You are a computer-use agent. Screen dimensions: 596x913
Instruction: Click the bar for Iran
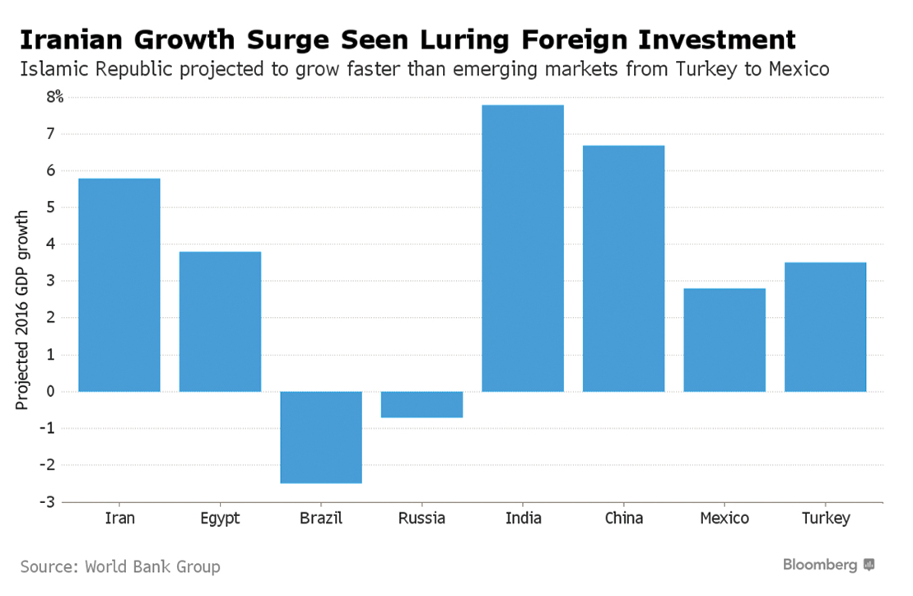pyautogui.click(x=119, y=285)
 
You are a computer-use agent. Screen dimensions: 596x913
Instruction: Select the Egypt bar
pyautogui.click(x=220, y=321)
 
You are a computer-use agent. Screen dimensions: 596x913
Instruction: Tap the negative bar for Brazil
pyautogui.click(x=321, y=437)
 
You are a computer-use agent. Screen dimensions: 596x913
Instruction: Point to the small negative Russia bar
pyautogui.click(x=422, y=404)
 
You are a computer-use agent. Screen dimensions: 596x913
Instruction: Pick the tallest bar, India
pyautogui.click(x=523, y=248)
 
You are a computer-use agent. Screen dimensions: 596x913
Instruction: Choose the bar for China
pyautogui.click(x=623, y=268)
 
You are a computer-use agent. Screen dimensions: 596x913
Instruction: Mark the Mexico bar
pyautogui.click(x=724, y=340)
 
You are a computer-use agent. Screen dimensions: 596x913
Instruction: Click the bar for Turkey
pyautogui.click(x=825, y=327)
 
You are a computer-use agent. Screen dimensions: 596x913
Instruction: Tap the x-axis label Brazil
pyautogui.click(x=321, y=519)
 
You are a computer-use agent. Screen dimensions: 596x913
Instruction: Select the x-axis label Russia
pyautogui.click(x=422, y=519)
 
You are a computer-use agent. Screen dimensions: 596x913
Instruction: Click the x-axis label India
pyautogui.click(x=523, y=519)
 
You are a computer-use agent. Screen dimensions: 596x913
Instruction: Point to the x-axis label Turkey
pyautogui.click(x=825, y=519)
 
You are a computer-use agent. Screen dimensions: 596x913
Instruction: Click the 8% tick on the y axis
pyautogui.click(x=54, y=97)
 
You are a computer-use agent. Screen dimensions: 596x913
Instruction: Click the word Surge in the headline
pyautogui.click(x=285, y=39)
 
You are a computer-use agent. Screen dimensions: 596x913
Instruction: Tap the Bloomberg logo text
pyautogui.click(x=820, y=565)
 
